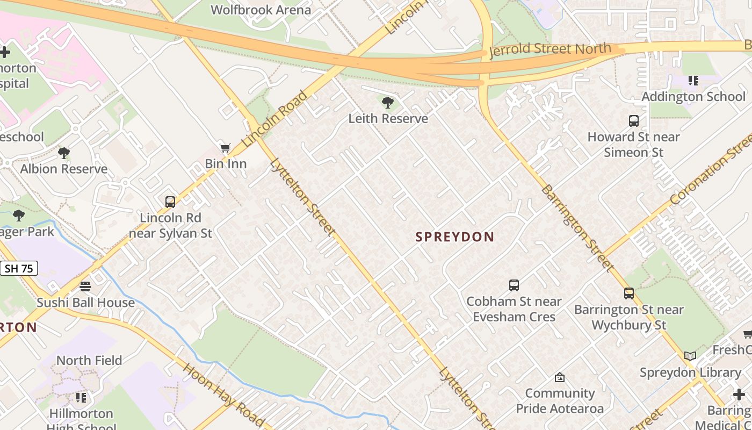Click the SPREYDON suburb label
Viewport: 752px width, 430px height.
(x=454, y=237)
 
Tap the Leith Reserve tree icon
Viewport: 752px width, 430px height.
(x=387, y=102)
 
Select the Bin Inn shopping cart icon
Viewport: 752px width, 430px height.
(x=226, y=148)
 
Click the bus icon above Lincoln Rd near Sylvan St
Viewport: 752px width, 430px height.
(x=170, y=202)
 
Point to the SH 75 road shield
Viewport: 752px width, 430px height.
(x=19, y=268)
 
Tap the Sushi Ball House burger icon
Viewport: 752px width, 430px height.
(x=85, y=286)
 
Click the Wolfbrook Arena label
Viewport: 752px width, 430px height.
(x=261, y=10)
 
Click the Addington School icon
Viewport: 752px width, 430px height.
(x=693, y=81)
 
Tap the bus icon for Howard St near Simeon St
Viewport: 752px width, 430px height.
(x=634, y=121)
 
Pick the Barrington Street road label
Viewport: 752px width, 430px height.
(x=577, y=228)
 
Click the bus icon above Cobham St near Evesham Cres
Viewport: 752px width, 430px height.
(x=514, y=285)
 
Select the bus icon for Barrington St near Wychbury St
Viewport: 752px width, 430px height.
(x=629, y=293)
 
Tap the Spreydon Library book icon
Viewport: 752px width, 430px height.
(x=690, y=356)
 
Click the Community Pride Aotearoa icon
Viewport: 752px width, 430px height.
(x=560, y=377)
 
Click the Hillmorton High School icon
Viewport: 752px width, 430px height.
(x=81, y=398)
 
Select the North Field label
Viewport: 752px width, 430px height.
(x=89, y=360)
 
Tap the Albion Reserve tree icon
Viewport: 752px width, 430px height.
(x=64, y=153)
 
